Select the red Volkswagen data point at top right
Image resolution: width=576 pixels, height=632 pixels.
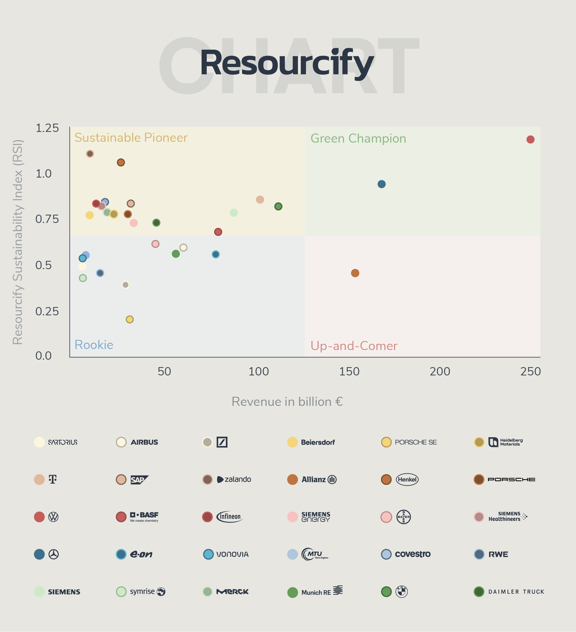pyautogui.click(x=530, y=139)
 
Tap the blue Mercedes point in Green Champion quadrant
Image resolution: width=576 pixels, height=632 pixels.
pyautogui.click(x=381, y=184)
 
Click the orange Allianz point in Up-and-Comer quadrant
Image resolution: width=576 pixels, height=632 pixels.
pyautogui.click(x=355, y=273)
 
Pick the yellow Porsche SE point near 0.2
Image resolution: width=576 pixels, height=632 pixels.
pyautogui.click(x=130, y=319)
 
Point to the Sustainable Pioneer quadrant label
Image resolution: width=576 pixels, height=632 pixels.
pyautogui.click(x=131, y=138)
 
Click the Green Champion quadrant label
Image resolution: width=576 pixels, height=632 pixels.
pyautogui.click(x=358, y=139)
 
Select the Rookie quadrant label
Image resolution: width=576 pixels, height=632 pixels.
pyautogui.click(x=94, y=345)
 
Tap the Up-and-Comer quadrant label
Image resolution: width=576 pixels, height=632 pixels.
pyautogui.click(x=354, y=346)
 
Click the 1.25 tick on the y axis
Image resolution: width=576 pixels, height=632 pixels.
pyautogui.click(x=47, y=128)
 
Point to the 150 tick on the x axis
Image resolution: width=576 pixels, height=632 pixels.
pyautogui.click(x=349, y=371)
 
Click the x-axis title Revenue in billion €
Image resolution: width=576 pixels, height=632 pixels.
pyautogui.click(x=287, y=402)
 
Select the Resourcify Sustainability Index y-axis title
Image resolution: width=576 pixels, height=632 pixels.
pyautogui.click(x=18, y=242)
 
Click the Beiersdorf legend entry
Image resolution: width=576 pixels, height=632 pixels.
pyautogui.click(x=317, y=442)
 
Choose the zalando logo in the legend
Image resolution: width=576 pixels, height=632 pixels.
pyautogui.click(x=234, y=479)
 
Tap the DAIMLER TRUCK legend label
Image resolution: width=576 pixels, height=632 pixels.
pyautogui.click(x=516, y=592)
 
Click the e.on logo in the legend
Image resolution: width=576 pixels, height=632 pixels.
pyautogui.click(x=141, y=554)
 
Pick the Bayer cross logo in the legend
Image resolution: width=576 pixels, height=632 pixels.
pyautogui.click(x=403, y=517)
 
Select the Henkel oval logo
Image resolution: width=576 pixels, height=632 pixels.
pyautogui.click(x=407, y=479)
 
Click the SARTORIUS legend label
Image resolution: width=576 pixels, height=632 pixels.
pyautogui.click(x=63, y=442)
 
